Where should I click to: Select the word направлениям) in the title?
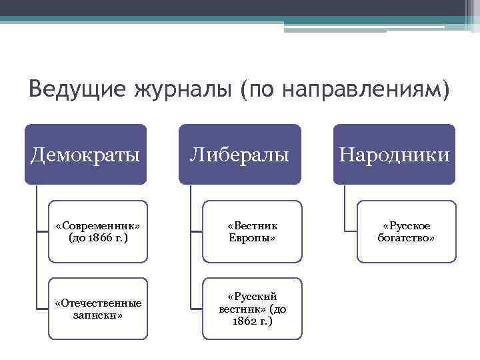(x=364, y=89)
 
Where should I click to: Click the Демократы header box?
(x=85, y=155)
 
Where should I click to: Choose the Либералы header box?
(x=239, y=155)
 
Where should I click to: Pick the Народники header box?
(x=394, y=155)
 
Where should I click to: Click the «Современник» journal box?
(x=97, y=231)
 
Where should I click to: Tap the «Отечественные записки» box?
(x=97, y=309)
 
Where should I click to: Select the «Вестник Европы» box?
(x=251, y=231)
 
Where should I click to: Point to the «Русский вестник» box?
(x=251, y=309)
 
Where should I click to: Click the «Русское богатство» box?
(x=406, y=231)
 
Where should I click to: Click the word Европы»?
(x=251, y=238)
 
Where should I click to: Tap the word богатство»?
(x=406, y=238)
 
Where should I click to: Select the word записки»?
(x=97, y=315)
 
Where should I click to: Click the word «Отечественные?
(x=97, y=303)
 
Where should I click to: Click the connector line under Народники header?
(x=345, y=207)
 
